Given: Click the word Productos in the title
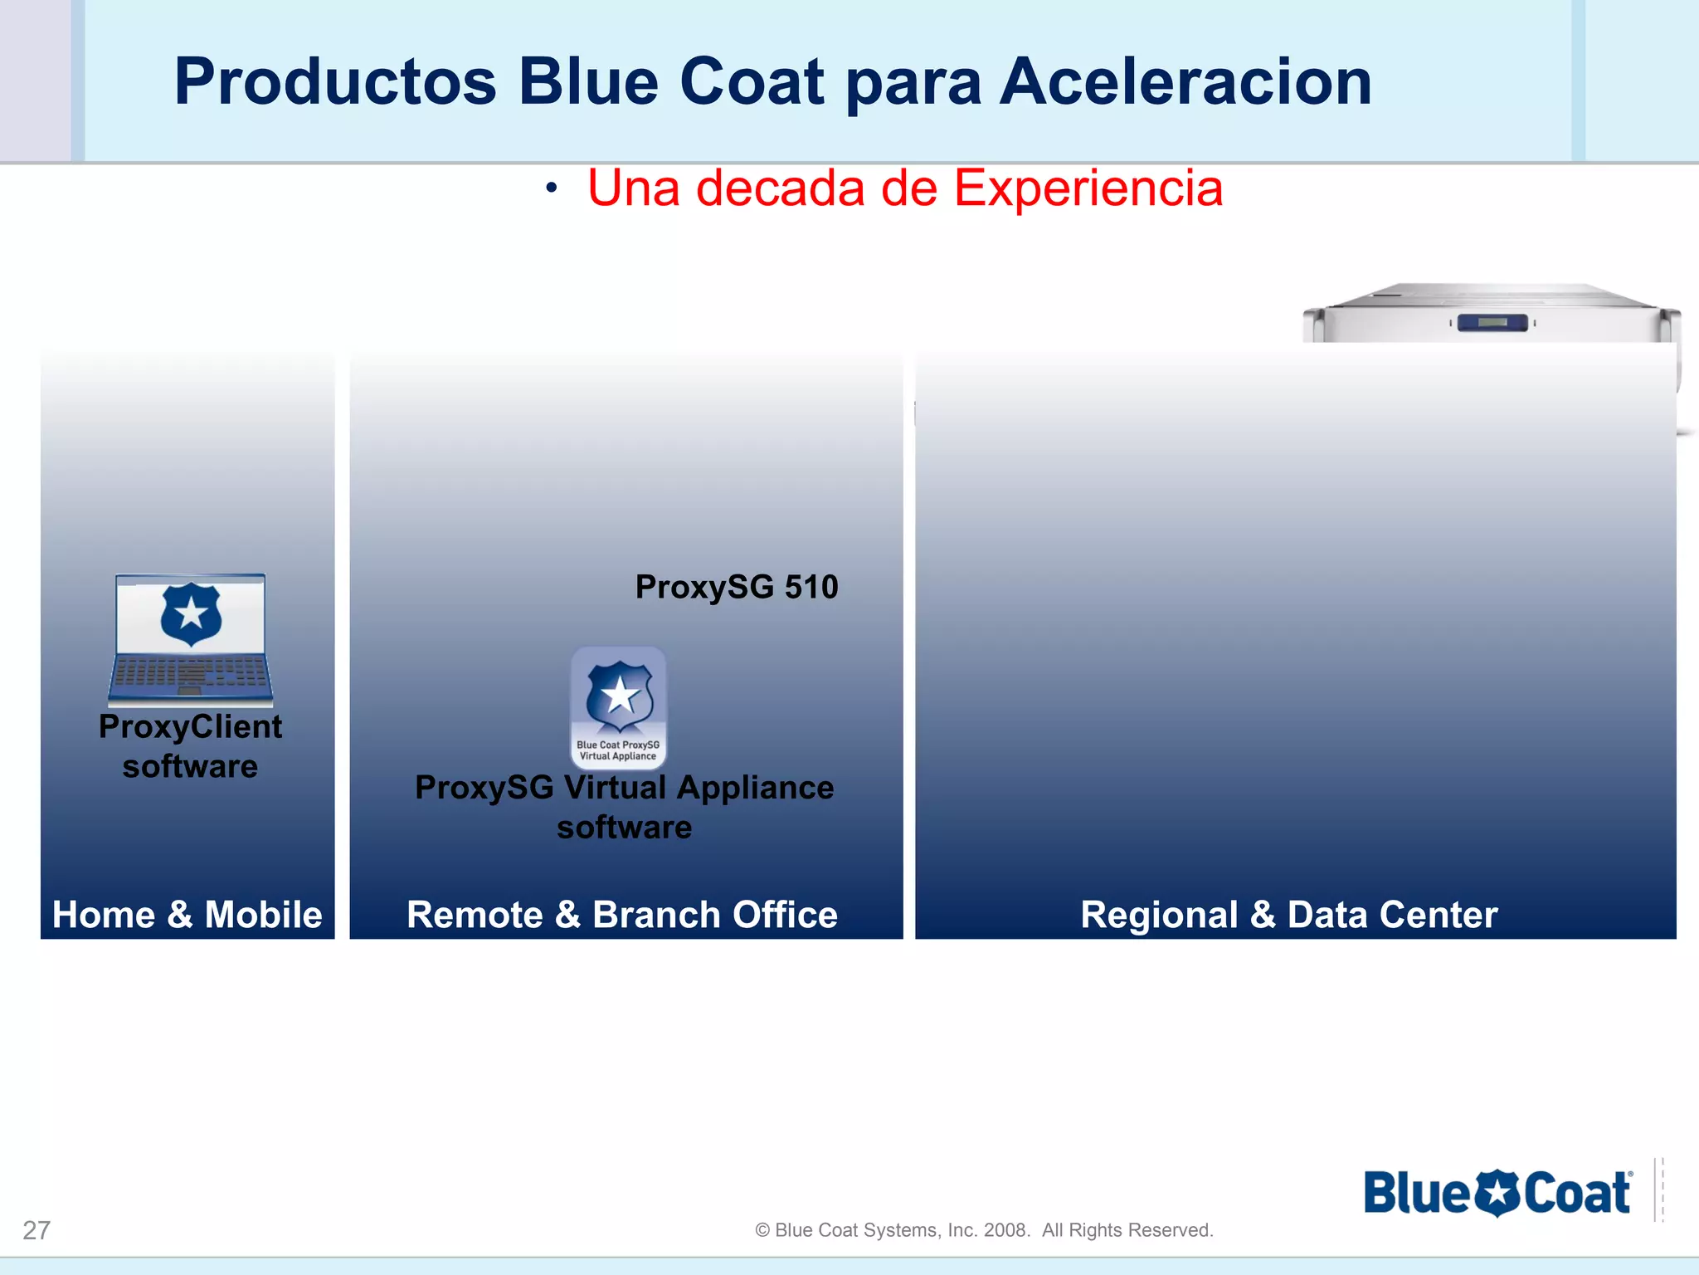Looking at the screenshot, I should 335,83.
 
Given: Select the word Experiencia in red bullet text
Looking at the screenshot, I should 1088,188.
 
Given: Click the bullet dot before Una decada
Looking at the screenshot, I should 551,189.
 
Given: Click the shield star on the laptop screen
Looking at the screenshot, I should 191,614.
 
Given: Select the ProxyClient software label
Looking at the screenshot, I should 191,746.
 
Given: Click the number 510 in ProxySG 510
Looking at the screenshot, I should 811,588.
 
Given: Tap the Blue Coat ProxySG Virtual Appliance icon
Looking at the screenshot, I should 619,707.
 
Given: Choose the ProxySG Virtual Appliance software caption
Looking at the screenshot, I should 624,807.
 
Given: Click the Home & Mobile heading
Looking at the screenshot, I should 187,915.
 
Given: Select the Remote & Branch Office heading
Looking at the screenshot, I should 622,915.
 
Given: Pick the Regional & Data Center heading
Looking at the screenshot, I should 1289,915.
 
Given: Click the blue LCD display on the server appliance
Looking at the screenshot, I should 1492,322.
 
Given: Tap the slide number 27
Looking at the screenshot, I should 37,1230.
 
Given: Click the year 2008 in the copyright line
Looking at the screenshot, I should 1005,1230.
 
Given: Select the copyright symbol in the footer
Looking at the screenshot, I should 762,1230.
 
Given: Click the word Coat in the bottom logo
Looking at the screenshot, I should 1576,1194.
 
